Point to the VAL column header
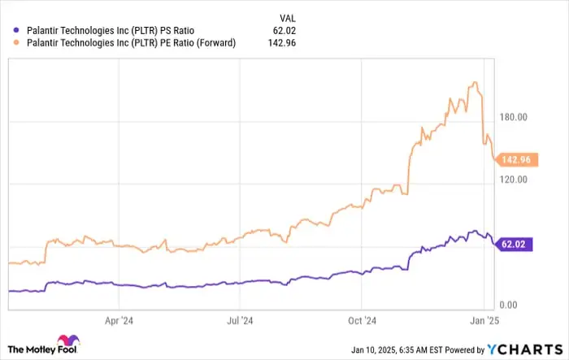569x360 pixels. [288, 16]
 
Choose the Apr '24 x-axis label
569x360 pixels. [119, 319]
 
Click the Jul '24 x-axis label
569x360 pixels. [240, 319]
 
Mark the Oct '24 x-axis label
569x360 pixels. [363, 319]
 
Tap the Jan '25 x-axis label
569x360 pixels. [484, 319]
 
